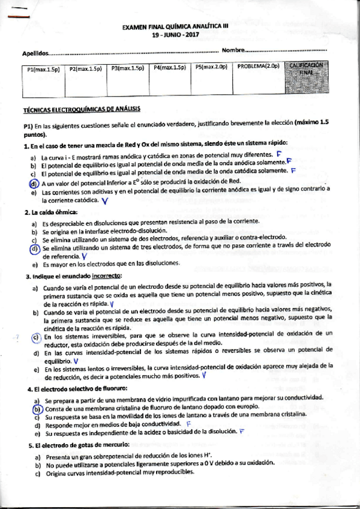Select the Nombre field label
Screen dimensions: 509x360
(233, 49)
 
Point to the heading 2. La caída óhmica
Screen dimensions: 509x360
(51, 212)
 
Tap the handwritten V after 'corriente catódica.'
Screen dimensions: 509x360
(105, 200)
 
